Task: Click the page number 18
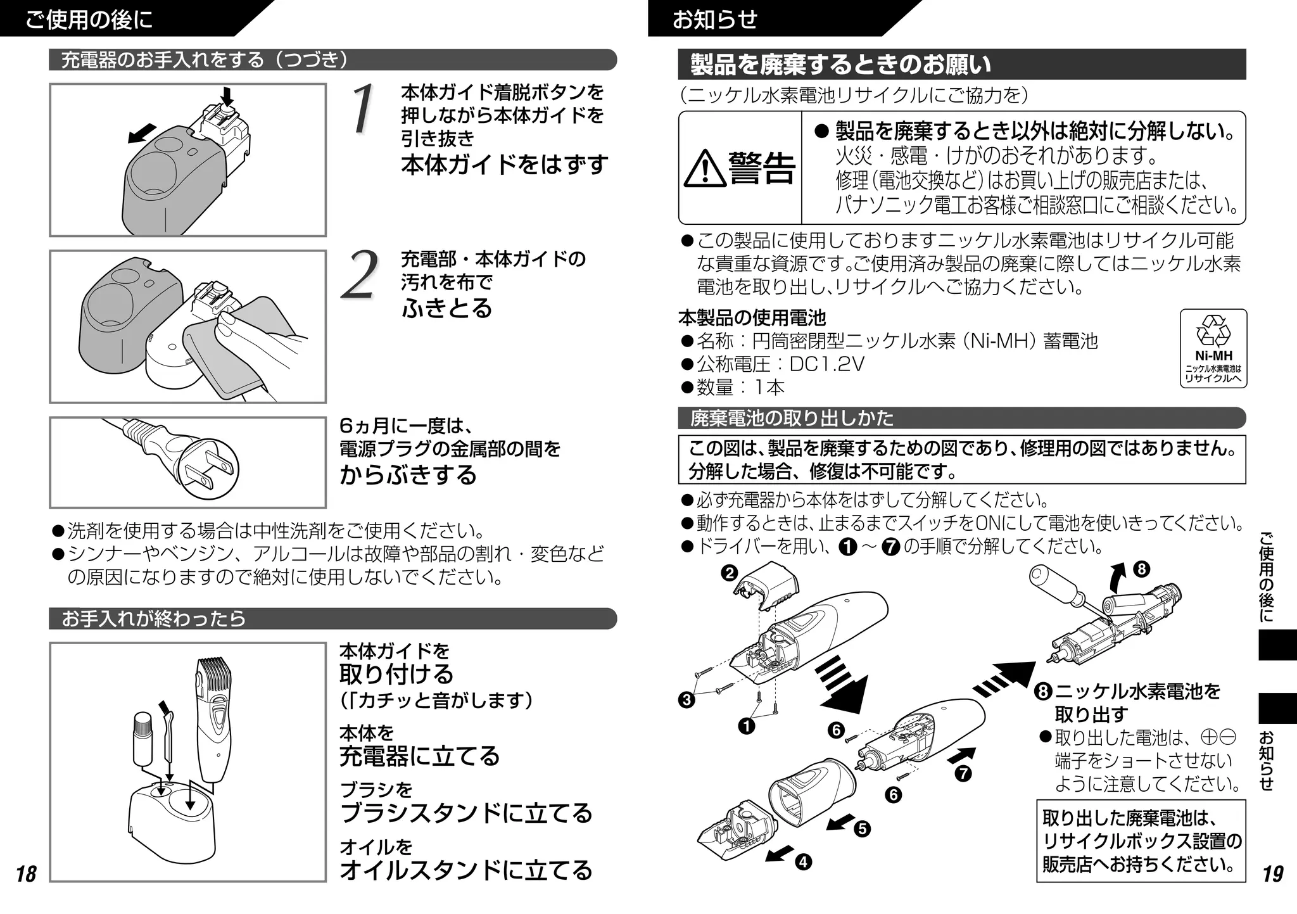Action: coord(26,874)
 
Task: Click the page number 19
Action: coord(1272,874)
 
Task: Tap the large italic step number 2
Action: coord(359,275)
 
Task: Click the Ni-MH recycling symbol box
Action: coord(1213,348)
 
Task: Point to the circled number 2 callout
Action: coord(730,573)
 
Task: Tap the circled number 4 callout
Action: coord(803,862)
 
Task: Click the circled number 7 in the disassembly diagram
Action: coord(963,773)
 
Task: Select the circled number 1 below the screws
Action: coord(746,726)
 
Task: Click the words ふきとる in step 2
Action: coord(446,308)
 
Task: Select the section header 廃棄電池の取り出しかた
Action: coord(792,418)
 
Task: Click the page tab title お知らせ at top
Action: coord(714,20)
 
